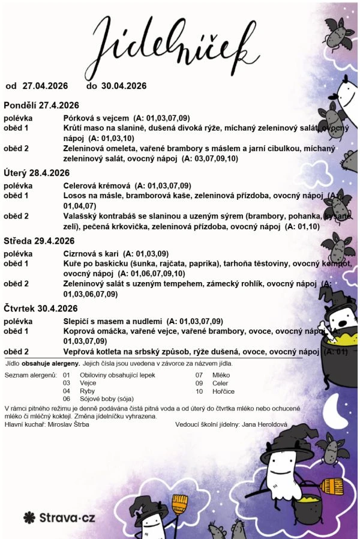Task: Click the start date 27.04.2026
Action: (45, 85)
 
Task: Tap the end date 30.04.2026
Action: (124, 85)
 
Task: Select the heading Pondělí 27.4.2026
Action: (41, 105)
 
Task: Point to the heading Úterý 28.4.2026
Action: (37, 173)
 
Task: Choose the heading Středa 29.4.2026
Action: (39, 241)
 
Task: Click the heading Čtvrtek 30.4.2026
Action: (40, 309)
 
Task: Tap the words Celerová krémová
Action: (97, 185)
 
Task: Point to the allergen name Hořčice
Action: (223, 391)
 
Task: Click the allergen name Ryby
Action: (87, 391)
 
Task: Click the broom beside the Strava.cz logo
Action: (179, 510)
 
